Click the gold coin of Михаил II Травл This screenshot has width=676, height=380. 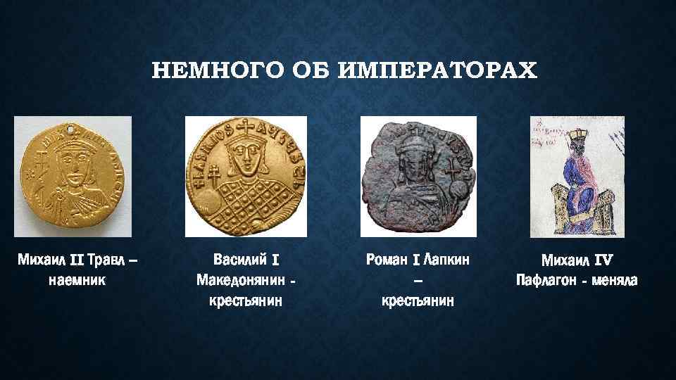73,177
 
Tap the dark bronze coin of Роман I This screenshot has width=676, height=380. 418,176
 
